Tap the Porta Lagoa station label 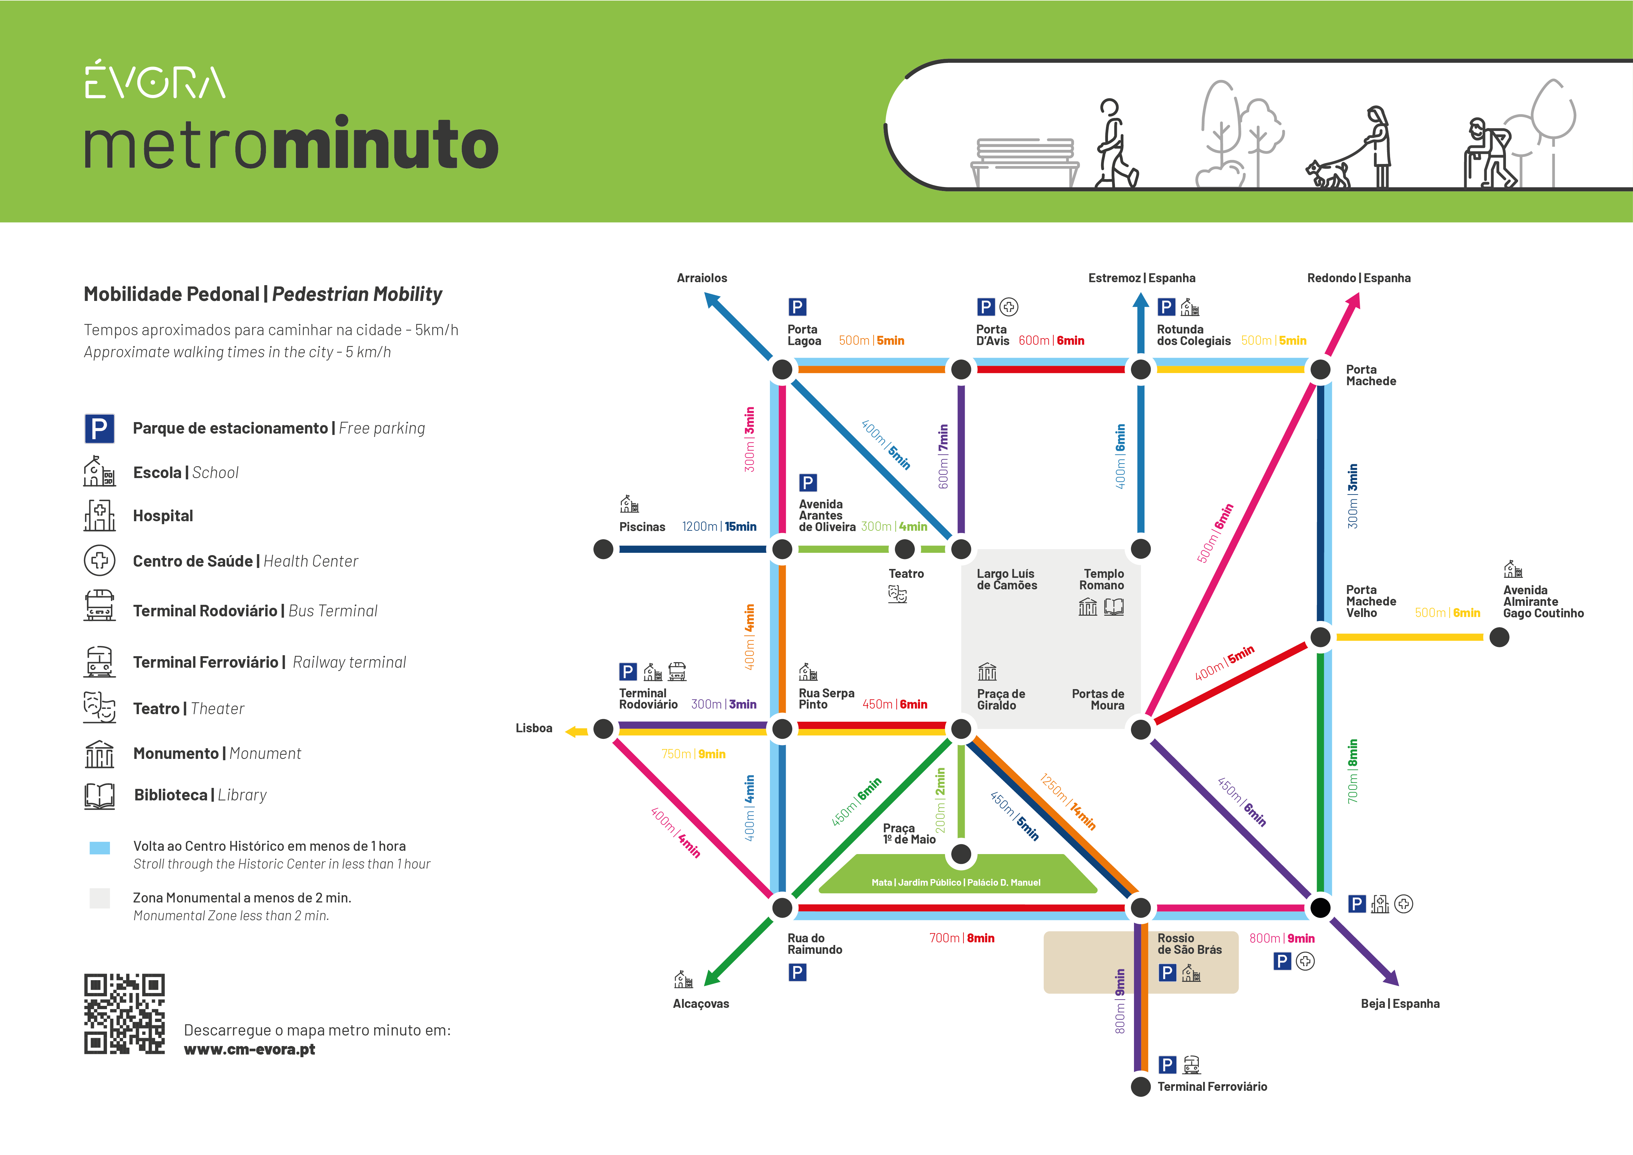(x=804, y=335)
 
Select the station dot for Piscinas (x=603, y=549)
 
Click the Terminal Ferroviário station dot (x=1141, y=1087)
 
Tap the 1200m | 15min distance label (x=719, y=526)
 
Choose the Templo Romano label (x=1102, y=579)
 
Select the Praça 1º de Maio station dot (x=961, y=854)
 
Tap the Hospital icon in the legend (x=99, y=516)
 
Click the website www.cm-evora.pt (x=250, y=1050)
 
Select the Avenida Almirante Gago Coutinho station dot (x=1499, y=637)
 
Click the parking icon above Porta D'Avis (x=985, y=307)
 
